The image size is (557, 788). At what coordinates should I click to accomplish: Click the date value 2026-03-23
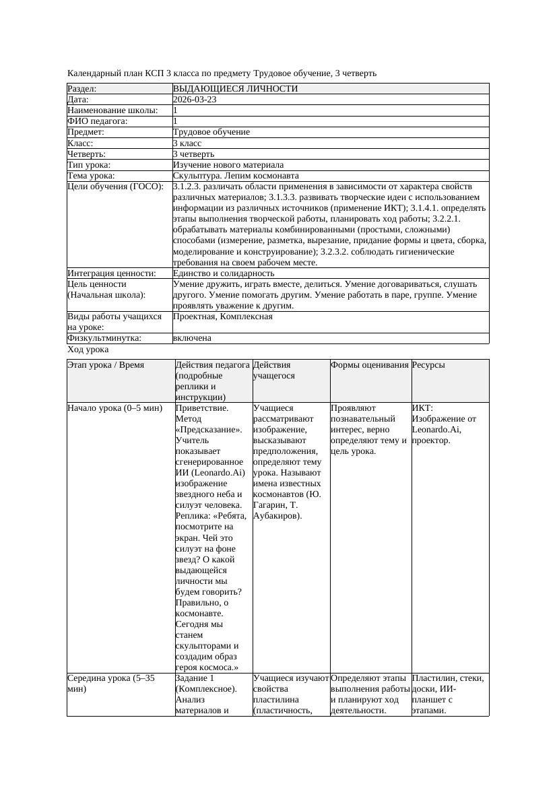(x=195, y=99)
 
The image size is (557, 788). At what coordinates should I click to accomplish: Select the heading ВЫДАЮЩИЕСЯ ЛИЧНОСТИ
(x=235, y=88)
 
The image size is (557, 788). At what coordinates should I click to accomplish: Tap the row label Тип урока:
(x=89, y=164)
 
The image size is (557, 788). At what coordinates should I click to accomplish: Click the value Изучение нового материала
(x=228, y=164)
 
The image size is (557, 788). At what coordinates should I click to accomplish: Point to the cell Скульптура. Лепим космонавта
(x=236, y=176)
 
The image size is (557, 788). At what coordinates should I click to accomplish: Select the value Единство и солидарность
(x=223, y=273)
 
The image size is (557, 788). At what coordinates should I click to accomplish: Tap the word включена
(x=192, y=338)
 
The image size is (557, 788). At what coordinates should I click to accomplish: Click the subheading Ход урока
(x=88, y=350)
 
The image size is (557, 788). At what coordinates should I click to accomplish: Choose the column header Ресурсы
(x=428, y=365)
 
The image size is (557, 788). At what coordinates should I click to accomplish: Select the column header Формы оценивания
(x=370, y=365)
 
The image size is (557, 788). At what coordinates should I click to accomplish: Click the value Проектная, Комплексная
(x=222, y=317)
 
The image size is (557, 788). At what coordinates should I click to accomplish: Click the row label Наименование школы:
(x=113, y=110)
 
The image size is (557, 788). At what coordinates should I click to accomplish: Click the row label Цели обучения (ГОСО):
(x=115, y=187)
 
